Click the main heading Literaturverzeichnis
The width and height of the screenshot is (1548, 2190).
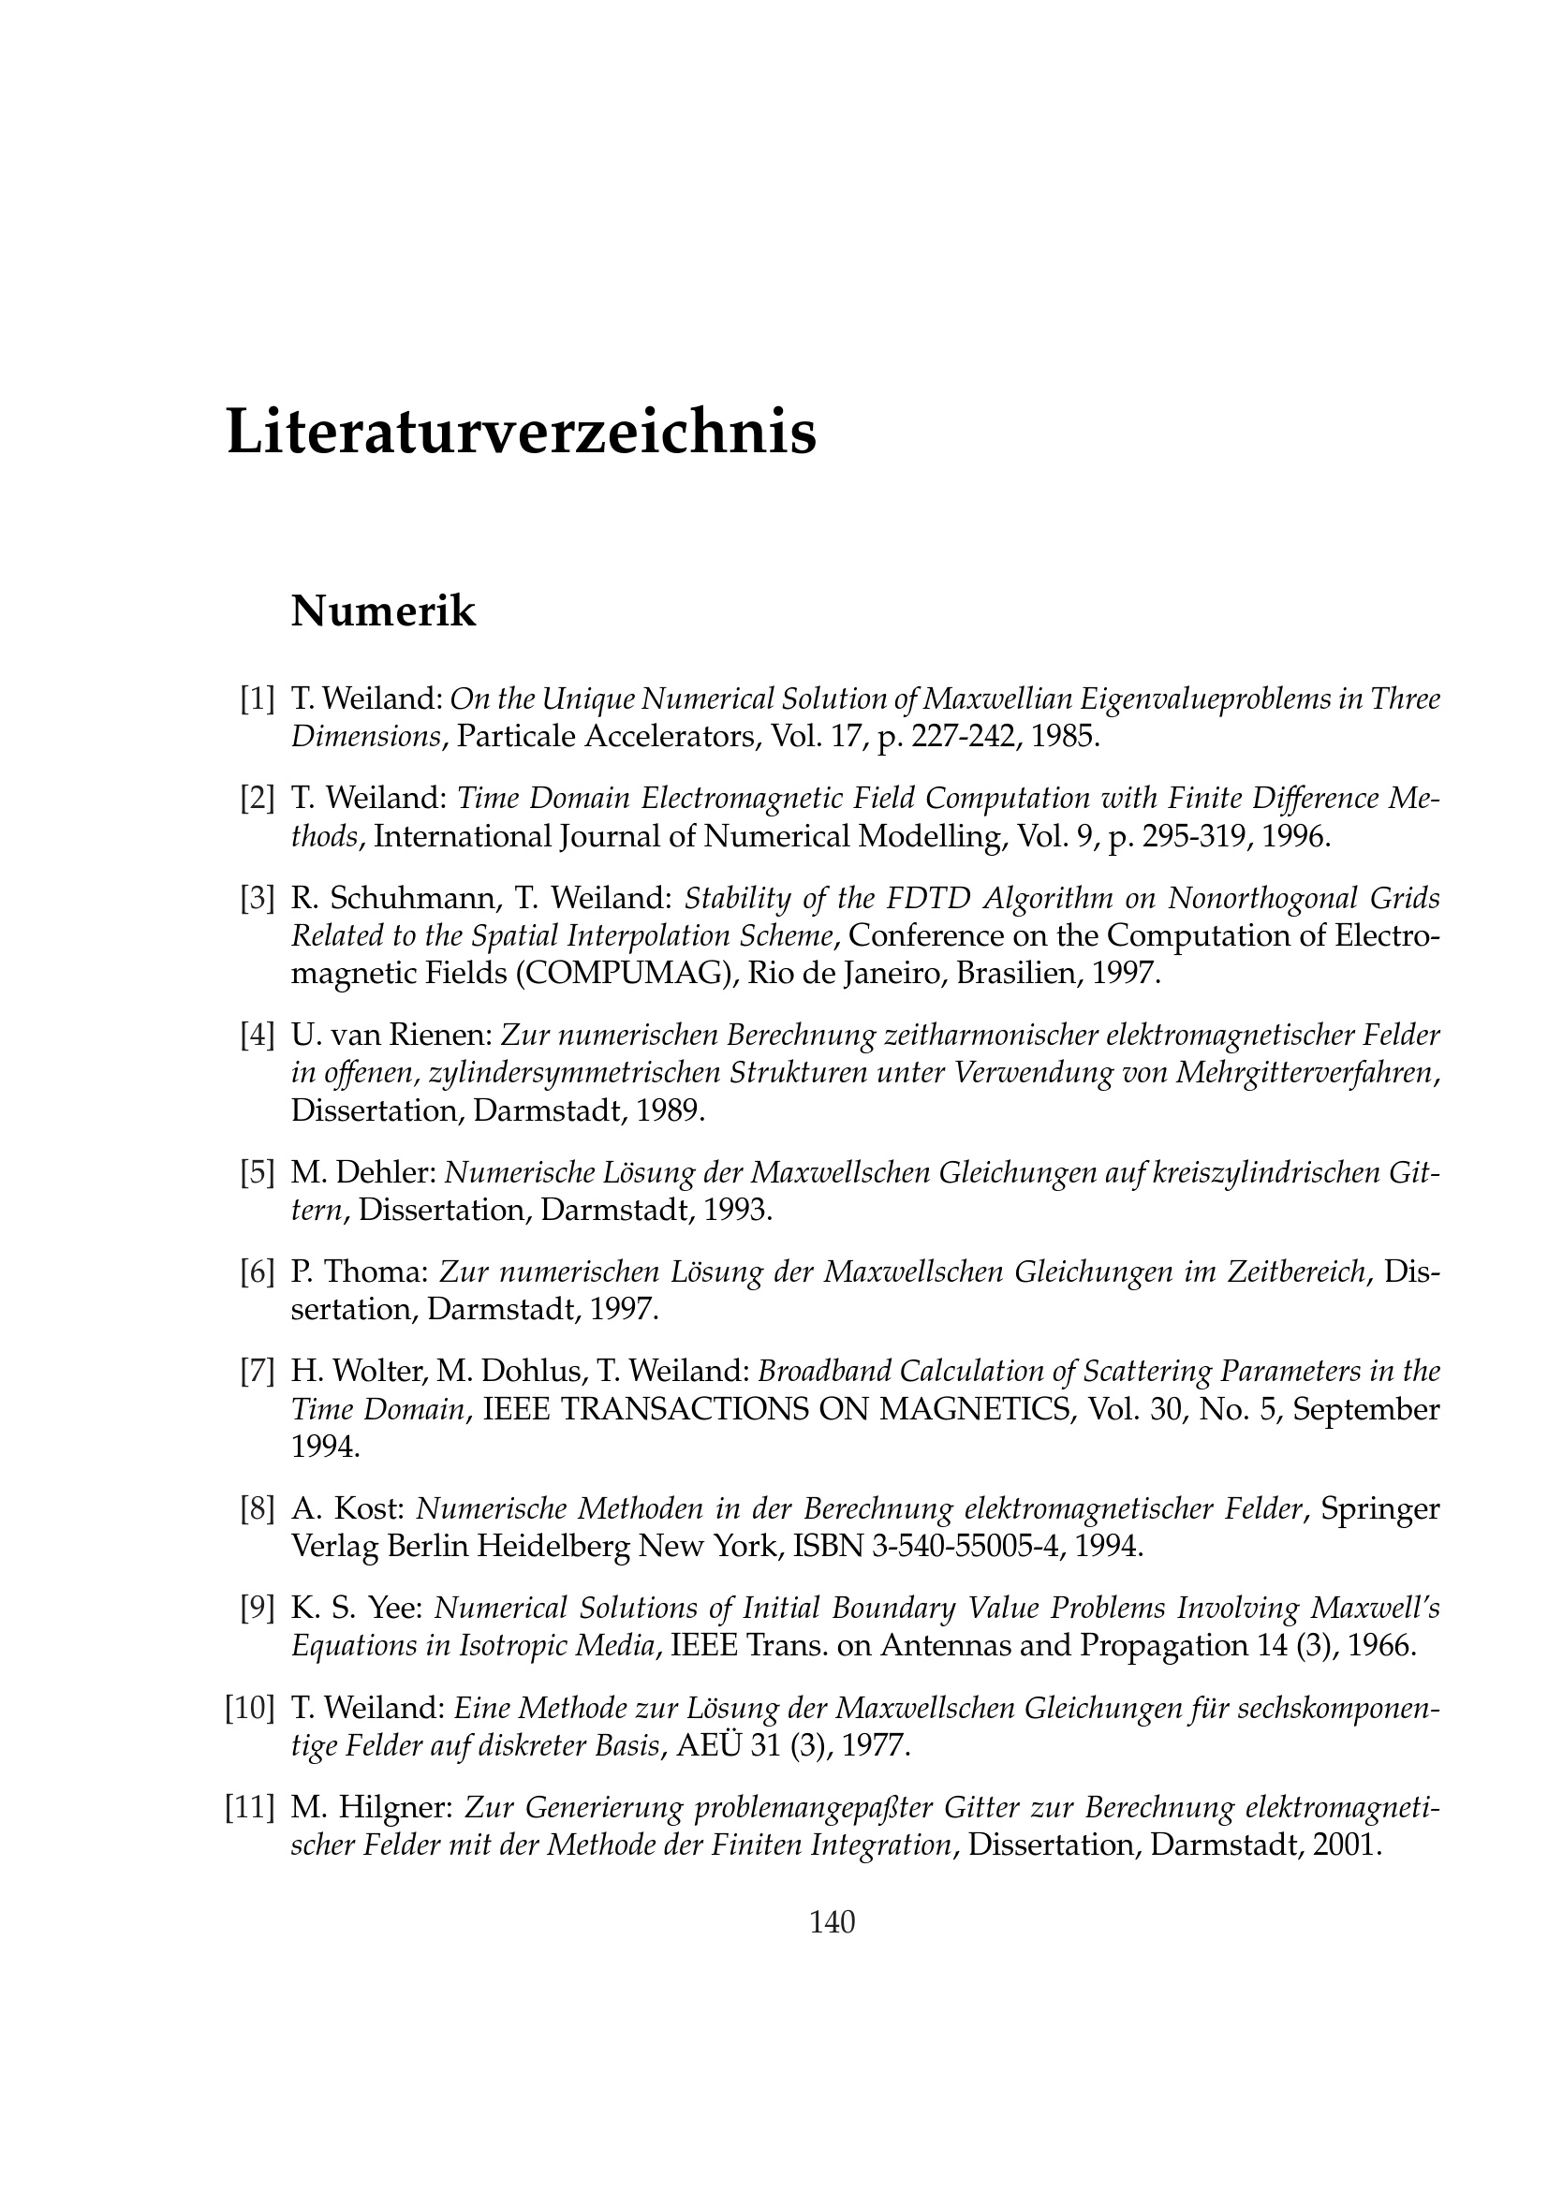521,432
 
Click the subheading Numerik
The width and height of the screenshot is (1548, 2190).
382,611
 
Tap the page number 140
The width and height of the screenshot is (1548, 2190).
832,1922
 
